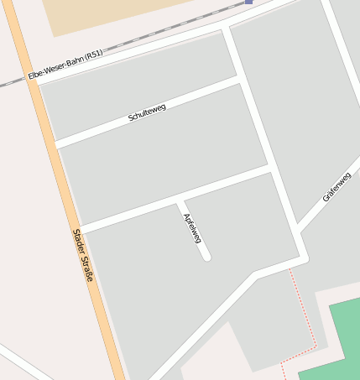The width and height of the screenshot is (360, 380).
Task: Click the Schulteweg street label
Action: click(147, 113)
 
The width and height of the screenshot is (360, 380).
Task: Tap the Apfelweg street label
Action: click(192, 228)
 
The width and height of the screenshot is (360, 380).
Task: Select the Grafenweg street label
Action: click(337, 186)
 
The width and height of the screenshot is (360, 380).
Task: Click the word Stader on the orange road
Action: click(78, 242)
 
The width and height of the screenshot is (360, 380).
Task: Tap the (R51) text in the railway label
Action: click(93, 55)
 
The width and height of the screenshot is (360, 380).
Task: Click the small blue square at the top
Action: click(248, 2)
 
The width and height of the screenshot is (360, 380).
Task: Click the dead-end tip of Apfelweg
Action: click(206, 256)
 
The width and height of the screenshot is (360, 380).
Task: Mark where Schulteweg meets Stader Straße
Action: click(55, 145)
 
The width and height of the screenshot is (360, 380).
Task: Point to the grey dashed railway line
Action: click(151, 34)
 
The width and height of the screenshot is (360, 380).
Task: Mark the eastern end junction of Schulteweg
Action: click(238, 79)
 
